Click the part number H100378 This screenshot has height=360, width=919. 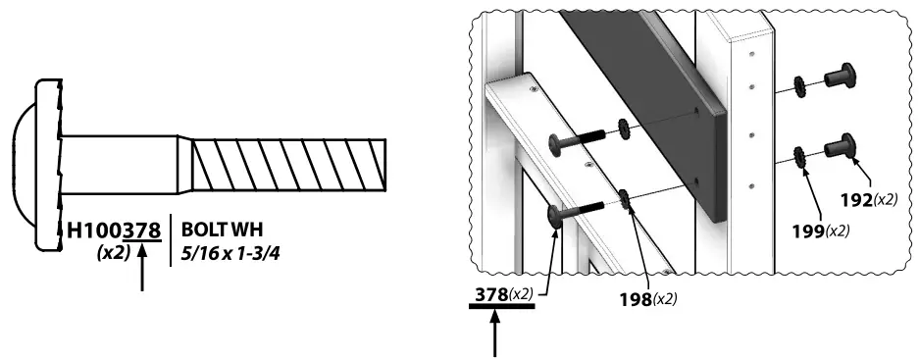112,231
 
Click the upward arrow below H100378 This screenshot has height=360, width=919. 144,269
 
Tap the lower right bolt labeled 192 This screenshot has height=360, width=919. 837,147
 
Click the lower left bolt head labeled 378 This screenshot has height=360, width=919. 552,215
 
